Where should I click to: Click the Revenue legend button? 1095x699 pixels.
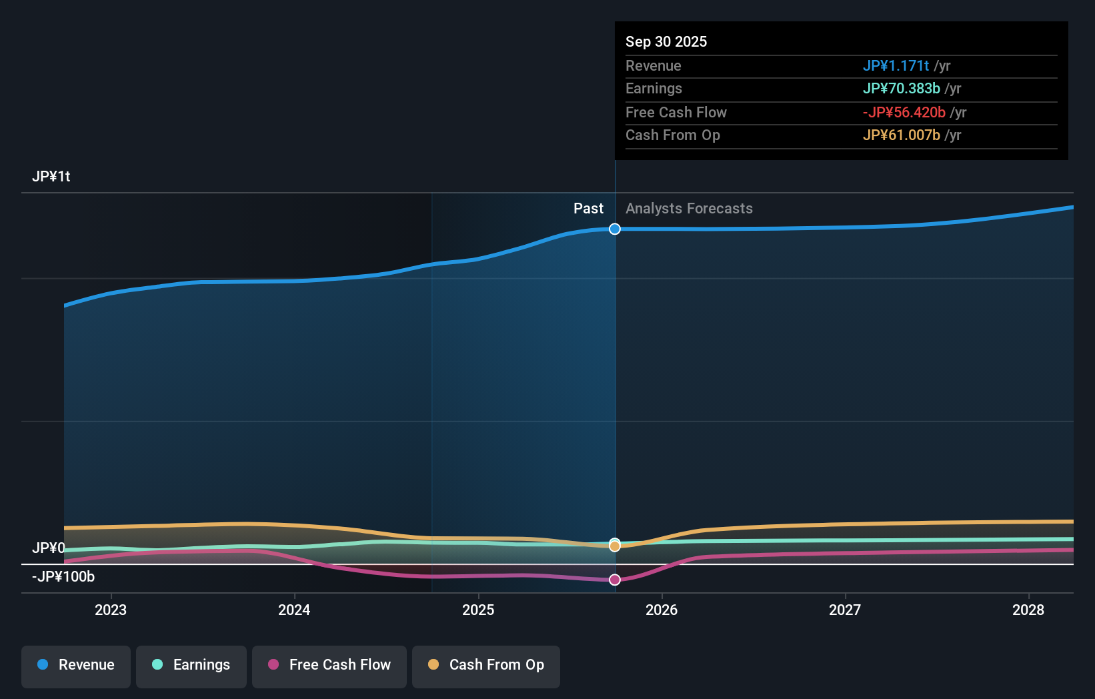point(76,666)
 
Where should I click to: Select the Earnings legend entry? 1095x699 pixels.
point(191,666)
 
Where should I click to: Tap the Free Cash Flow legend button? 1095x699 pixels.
point(329,666)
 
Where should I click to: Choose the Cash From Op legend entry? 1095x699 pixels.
point(486,666)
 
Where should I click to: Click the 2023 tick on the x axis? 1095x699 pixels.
point(111,610)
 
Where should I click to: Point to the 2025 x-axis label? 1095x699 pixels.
point(478,610)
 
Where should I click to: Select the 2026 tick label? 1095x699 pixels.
point(662,610)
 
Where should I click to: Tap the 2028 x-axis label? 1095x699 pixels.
point(1028,610)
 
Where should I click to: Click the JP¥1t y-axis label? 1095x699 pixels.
point(51,177)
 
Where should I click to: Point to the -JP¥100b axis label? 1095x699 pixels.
point(64,577)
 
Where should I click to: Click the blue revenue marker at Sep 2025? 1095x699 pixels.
point(615,229)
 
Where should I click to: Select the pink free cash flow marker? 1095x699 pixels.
point(615,580)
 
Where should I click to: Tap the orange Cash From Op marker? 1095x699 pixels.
point(615,546)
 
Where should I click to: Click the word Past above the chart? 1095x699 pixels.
point(588,209)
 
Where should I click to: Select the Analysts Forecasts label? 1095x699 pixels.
point(689,209)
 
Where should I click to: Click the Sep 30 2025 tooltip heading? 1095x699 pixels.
point(666,42)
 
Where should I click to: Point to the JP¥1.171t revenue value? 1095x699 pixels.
point(896,66)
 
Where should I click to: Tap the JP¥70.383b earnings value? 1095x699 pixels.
point(901,89)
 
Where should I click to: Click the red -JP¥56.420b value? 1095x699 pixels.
point(904,113)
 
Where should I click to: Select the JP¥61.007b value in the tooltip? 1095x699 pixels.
point(901,135)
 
